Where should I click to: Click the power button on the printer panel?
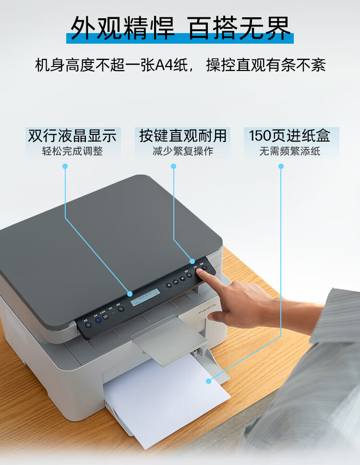[88, 325]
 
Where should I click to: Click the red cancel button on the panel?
[204, 268]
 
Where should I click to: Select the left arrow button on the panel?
[169, 285]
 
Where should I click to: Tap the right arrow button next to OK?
[183, 279]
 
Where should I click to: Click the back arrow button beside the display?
[120, 309]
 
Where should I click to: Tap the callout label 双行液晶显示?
[72, 136]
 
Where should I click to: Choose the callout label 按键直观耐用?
[182, 136]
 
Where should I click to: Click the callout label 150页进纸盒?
[289, 136]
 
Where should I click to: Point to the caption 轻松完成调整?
[72, 151]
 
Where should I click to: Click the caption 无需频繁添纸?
[289, 151]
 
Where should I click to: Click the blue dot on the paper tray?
[208, 381]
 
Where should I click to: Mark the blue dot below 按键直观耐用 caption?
[174, 166]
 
